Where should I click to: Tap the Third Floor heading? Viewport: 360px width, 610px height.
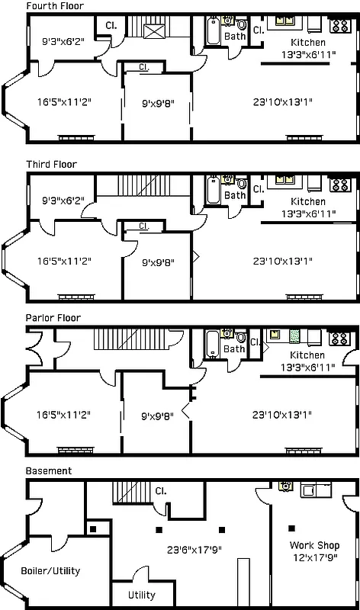tap(51, 164)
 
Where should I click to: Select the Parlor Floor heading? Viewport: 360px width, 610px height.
tap(53, 317)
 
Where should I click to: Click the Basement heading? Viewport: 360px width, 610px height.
tap(49, 471)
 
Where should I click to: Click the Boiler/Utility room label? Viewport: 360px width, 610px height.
tap(50, 570)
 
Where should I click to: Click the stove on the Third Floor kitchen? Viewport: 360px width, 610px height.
tap(340, 185)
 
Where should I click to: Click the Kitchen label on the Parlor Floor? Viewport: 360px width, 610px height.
tap(307, 355)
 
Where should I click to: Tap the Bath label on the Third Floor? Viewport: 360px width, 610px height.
tap(235, 195)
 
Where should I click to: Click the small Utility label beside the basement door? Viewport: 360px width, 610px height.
tap(141, 595)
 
